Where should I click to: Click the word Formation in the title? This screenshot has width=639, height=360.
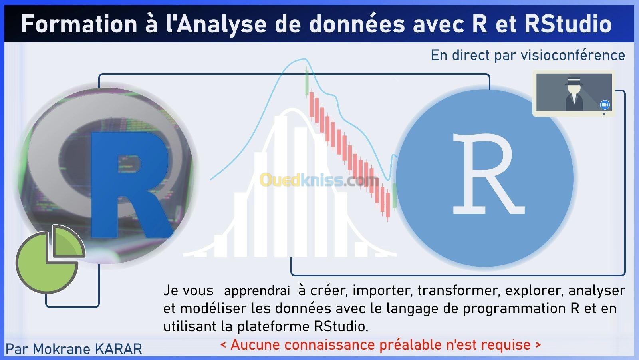[79, 24]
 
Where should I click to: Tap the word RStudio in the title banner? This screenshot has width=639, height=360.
[568, 24]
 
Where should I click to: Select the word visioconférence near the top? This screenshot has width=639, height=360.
[573, 55]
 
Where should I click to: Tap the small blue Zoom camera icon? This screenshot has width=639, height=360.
[605, 105]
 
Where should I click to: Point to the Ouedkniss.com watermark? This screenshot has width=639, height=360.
[319, 180]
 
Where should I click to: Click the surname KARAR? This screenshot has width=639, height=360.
[118, 349]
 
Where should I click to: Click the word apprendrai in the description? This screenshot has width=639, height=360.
[257, 291]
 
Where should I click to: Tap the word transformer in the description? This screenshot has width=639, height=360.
[459, 290]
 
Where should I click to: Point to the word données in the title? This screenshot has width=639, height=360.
[357, 24]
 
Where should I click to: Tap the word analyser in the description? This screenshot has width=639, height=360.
[597, 290]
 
